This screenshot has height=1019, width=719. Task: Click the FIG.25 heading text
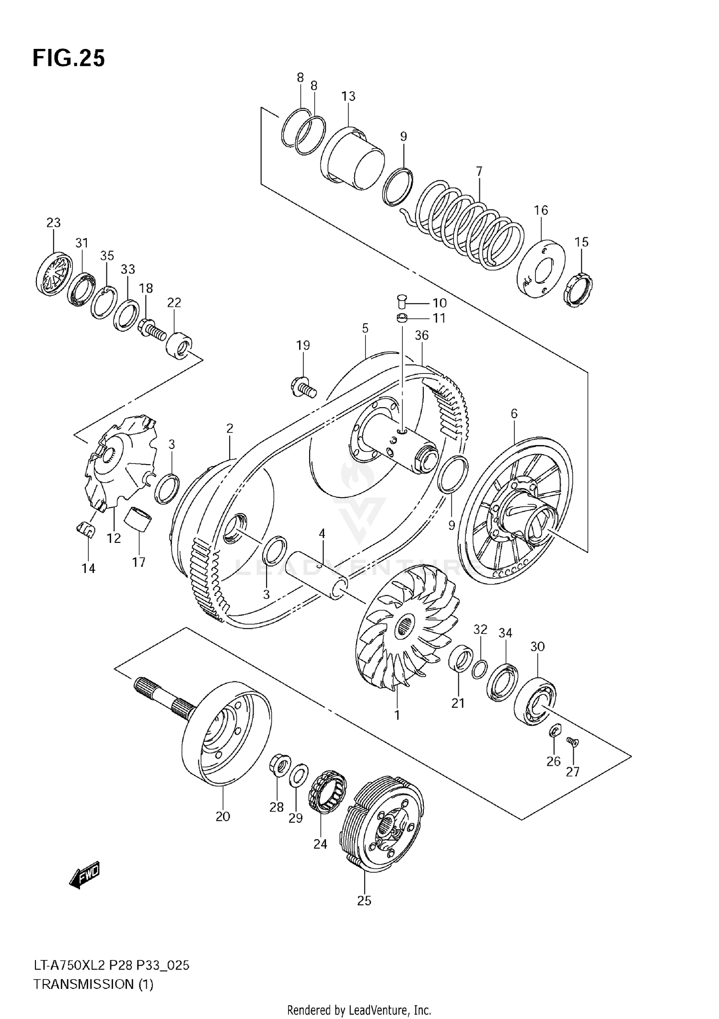pyautogui.click(x=69, y=58)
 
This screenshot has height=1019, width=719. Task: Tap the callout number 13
pyautogui.click(x=348, y=96)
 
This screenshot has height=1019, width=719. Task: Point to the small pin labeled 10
pyautogui.click(x=402, y=303)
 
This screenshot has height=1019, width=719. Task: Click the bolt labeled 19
pyautogui.click(x=303, y=386)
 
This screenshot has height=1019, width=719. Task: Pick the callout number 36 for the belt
pyautogui.click(x=421, y=335)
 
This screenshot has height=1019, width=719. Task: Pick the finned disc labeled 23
pyautogui.click(x=54, y=274)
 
